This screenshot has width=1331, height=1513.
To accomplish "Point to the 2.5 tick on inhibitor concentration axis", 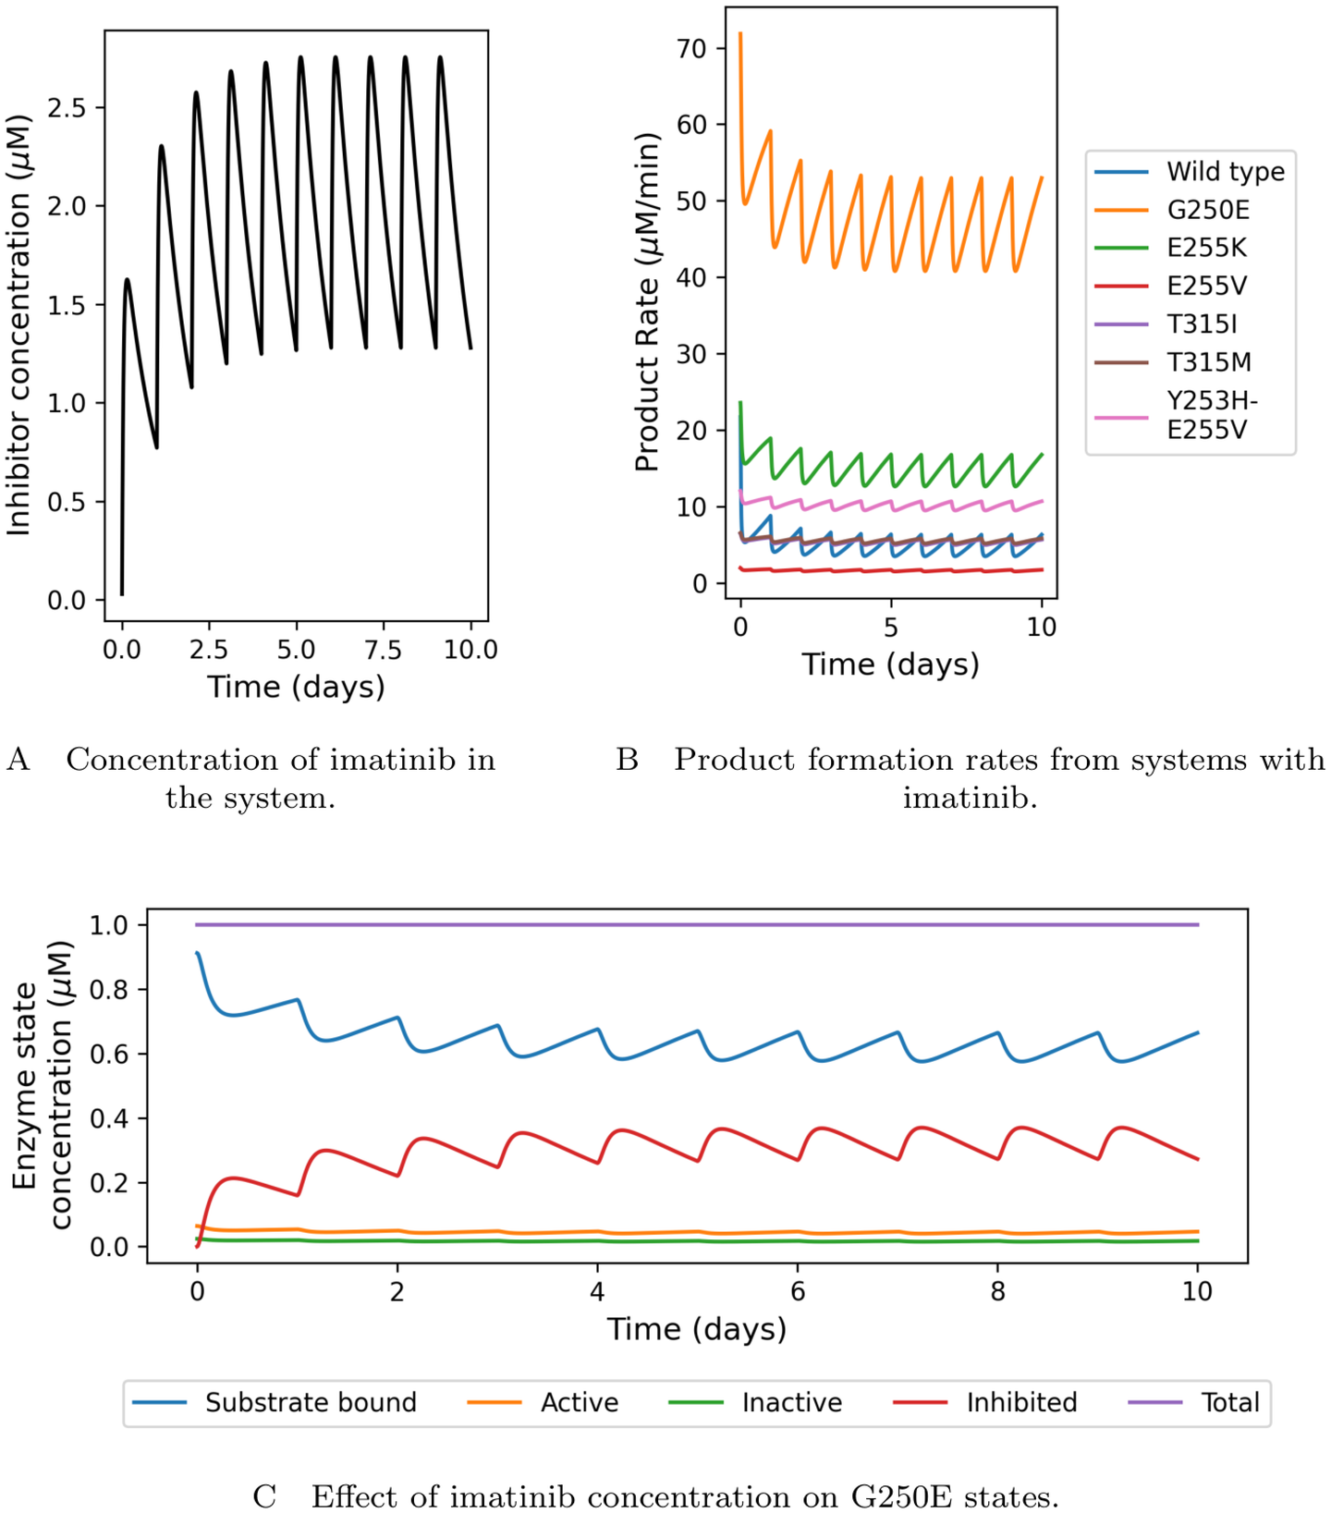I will coord(67,108).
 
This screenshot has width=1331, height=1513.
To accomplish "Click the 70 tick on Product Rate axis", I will coord(691,49).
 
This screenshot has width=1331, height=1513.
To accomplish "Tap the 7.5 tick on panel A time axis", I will coord(384,650).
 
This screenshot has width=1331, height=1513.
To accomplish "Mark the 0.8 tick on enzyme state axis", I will coord(109,990).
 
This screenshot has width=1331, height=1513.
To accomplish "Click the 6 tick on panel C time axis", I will coord(798,1291).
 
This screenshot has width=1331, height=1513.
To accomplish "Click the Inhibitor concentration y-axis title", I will coord(18,325).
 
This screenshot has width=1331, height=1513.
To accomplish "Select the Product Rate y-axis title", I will coord(648,302).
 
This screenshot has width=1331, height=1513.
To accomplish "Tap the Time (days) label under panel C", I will coord(696,1329).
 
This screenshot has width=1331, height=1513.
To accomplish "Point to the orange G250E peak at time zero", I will coord(740,34).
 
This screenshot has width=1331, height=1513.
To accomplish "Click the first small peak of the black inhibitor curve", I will coord(128,279).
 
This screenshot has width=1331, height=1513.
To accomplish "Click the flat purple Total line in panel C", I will coord(693,924).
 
